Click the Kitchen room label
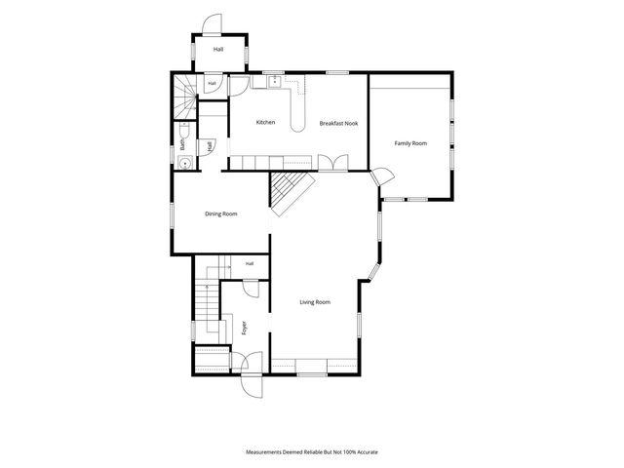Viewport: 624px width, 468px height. pyautogui.click(x=265, y=122)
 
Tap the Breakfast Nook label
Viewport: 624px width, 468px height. pyautogui.click(x=338, y=124)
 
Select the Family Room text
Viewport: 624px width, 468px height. pyautogui.click(x=410, y=143)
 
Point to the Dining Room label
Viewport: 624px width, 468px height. pyautogui.click(x=221, y=214)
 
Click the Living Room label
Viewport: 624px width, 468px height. pyautogui.click(x=315, y=302)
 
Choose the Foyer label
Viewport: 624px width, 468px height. pyautogui.click(x=245, y=328)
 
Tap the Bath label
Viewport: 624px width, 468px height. pyautogui.click(x=182, y=144)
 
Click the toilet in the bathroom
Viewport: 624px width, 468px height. pyautogui.click(x=184, y=130)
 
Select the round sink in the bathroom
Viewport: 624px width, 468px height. pyautogui.click(x=184, y=163)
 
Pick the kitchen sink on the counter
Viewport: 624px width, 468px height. pyautogui.click(x=275, y=82)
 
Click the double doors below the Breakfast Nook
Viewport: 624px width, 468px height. pyautogui.click(x=333, y=163)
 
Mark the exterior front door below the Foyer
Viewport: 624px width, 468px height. pyautogui.click(x=252, y=386)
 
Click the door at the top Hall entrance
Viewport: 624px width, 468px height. pyautogui.click(x=212, y=24)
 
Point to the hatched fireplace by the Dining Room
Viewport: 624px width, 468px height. pyautogui.click(x=291, y=193)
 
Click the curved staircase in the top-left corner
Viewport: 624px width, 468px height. pyautogui.click(x=185, y=97)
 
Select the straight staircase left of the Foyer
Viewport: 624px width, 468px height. pyautogui.click(x=207, y=299)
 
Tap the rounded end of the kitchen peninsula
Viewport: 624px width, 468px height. pyautogui.click(x=297, y=126)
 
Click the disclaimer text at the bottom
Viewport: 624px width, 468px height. pyautogui.click(x=312, y=452)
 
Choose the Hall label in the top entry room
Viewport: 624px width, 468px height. pyautogui.click(x=218, y=50)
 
